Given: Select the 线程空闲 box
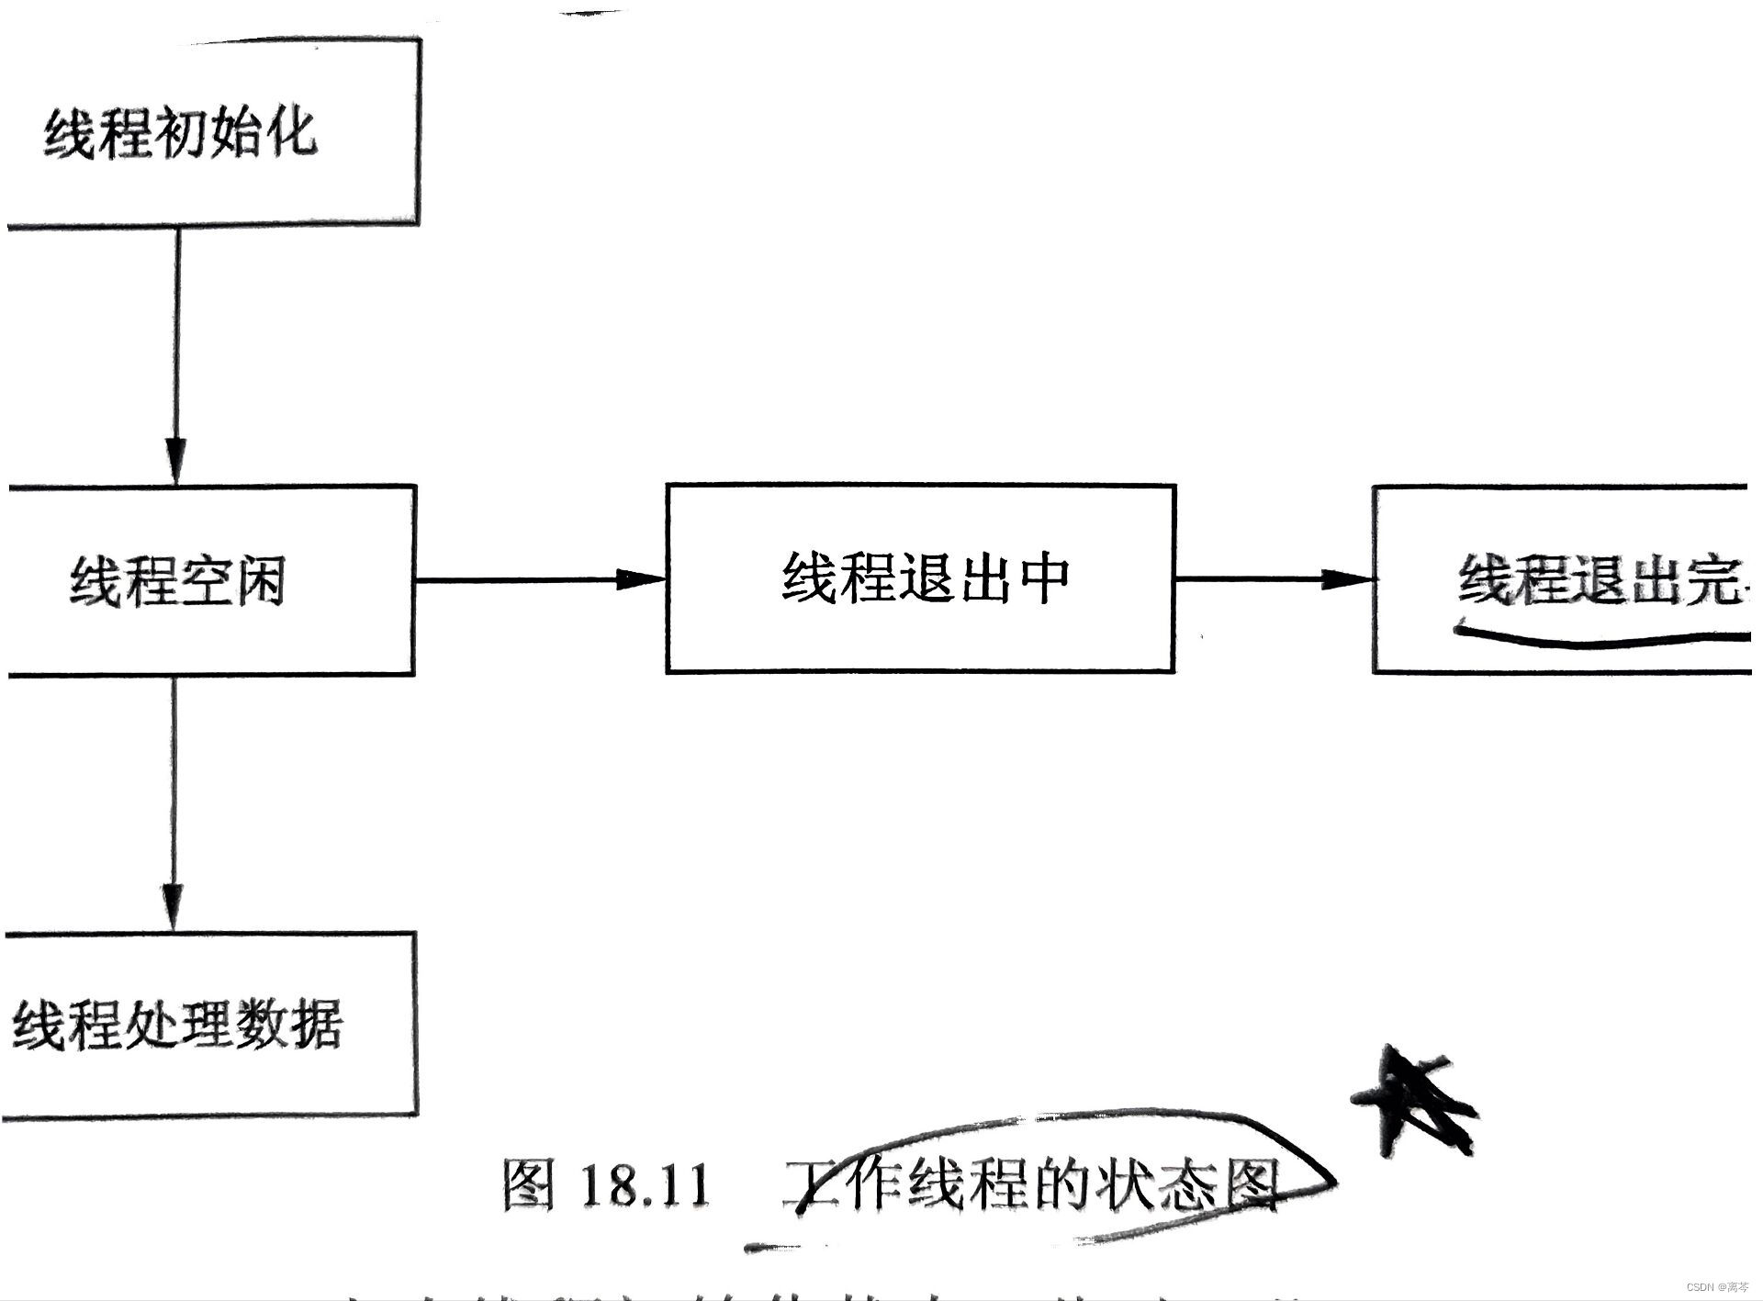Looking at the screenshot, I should (x=211, y=580).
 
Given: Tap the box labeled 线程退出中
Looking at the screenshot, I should (x=920, y=578).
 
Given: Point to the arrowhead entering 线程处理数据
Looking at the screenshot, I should (x=174, y=907).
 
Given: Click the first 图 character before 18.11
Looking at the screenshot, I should (x=529, y=1184).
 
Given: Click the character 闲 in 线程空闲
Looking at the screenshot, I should (x=257, y=581).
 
